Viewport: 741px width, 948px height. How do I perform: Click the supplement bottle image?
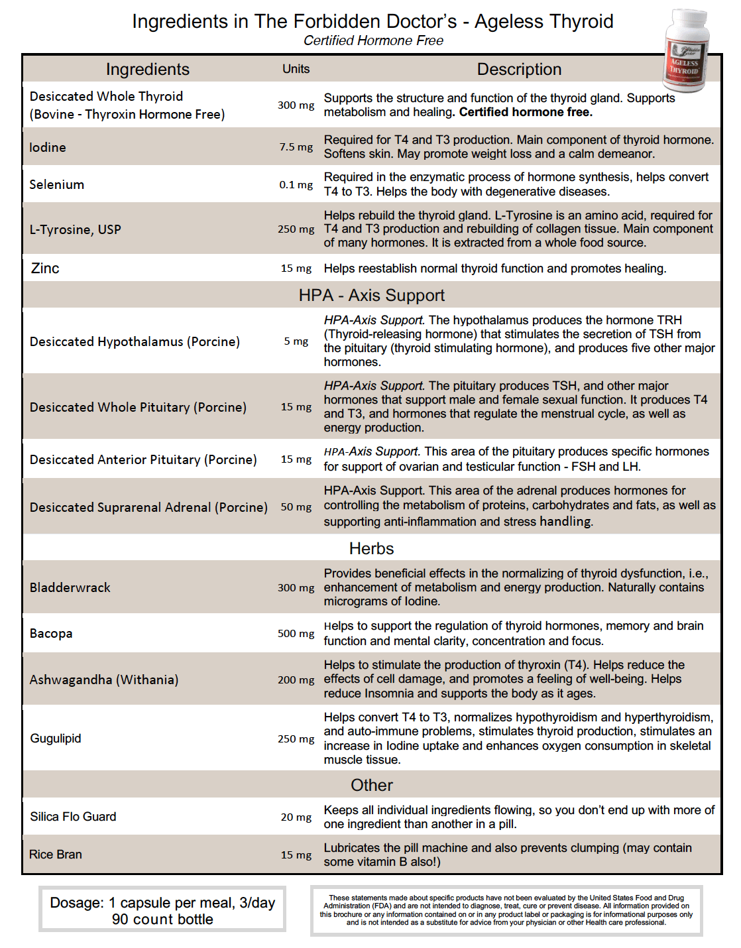[x=687, y=50]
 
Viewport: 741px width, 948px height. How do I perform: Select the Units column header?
[x=296, y=69]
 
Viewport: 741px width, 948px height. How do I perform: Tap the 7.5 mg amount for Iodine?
[x=296, y=147]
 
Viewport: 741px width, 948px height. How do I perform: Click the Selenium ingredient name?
[x=57, y=184]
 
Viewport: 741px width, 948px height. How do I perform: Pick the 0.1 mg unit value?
[x=296, y=184]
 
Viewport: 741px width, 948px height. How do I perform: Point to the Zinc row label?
[x=45, y=268]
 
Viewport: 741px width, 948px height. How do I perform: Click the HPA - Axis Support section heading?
[x=371, y=295]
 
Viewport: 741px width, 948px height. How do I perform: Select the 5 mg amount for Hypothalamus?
[x=296, y=341]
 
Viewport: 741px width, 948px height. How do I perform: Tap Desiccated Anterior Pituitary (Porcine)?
[x=143, y=459]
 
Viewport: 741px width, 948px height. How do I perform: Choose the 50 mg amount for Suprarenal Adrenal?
[x=296, y=507]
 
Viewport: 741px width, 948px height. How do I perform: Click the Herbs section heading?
[x=371, y=548]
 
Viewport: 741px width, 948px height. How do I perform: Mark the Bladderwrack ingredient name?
[x=70, y=587]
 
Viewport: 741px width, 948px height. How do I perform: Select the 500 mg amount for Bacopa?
[x=296, y=633]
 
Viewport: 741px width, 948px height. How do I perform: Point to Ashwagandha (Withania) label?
[x=104, y=680]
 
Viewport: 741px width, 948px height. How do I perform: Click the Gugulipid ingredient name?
[x=56, y=739]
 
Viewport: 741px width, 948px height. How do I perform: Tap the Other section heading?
[x=371, y=785]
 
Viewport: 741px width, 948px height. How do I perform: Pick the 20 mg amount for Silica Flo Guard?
[x=296, y=817]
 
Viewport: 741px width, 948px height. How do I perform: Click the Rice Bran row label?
[x=56, y=855]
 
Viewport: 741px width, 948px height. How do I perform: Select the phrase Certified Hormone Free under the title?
[x=373, y=40]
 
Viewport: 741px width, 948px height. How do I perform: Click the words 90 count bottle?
[x=162, y=919]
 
